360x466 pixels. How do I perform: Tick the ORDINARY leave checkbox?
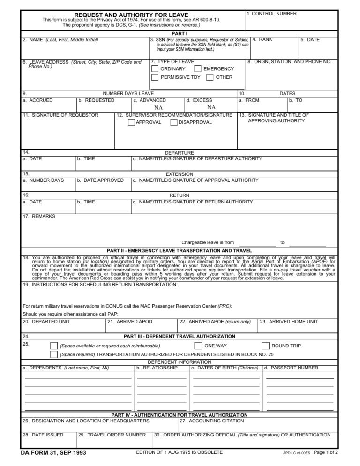155,69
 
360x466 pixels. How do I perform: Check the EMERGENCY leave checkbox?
198,69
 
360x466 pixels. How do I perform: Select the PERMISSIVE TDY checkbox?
155,77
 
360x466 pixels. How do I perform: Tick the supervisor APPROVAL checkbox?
131,122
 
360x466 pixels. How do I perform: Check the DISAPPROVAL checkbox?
174,122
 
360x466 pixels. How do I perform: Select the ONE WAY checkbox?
198,346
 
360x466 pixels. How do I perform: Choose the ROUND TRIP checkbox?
265,346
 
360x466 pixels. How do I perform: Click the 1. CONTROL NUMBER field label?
271,14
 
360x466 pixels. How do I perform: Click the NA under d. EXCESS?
211,107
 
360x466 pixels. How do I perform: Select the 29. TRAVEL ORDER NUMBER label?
112,435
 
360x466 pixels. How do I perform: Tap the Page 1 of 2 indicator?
325,453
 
